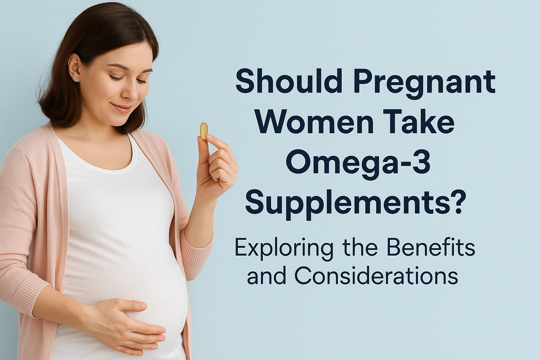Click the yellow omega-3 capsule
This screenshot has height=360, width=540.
pyautogui.click(x=204, y=131)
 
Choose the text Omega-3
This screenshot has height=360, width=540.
pyautogui.click(x=358, y=164)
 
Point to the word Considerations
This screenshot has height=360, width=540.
pyautogui.click(x=376, y=276)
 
